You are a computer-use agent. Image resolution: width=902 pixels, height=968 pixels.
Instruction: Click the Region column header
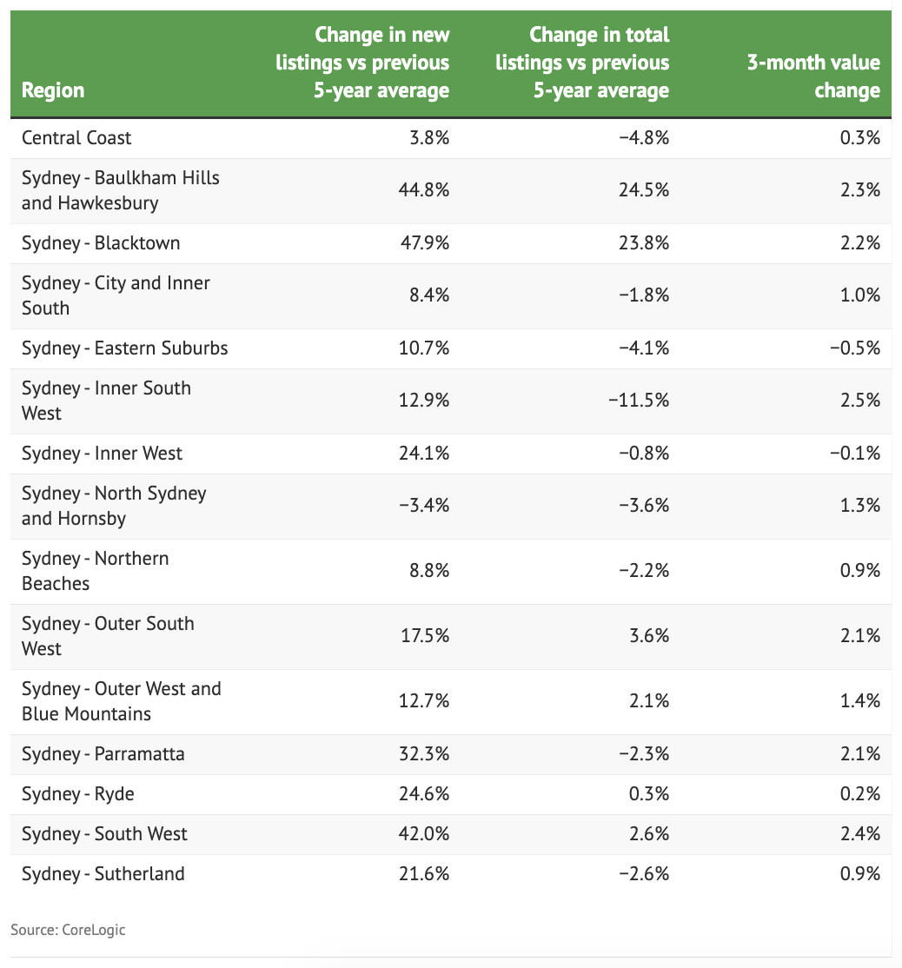(53, 90)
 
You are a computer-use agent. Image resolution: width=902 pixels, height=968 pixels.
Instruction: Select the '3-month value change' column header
(813, 76)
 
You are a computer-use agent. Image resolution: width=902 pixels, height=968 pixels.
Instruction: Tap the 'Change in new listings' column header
(381, 63)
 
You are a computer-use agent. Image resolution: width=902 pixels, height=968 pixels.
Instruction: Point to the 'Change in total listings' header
(600, 63)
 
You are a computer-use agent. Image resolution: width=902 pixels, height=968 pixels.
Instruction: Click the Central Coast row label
(76, 138)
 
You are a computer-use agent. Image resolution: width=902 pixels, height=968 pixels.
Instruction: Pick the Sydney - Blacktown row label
(101, 243)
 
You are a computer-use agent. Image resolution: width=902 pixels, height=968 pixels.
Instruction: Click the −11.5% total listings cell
(640, 401)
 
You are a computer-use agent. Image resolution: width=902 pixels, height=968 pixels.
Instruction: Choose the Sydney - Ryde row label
(78, 794)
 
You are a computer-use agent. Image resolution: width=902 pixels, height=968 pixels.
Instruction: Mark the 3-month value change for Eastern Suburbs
(857, 348)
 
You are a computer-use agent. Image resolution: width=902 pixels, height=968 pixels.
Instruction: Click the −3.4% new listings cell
(421, 506)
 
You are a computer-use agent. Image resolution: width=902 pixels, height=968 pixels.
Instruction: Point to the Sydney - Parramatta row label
(103, 754)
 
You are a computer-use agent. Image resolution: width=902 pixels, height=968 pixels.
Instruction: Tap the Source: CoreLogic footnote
(68, 930)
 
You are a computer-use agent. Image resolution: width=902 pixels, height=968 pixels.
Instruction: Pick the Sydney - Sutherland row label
(103, 873)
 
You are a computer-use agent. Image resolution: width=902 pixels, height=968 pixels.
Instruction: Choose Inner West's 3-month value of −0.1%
(857, 454)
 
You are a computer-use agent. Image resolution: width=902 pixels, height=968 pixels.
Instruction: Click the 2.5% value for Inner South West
(863, 401)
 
